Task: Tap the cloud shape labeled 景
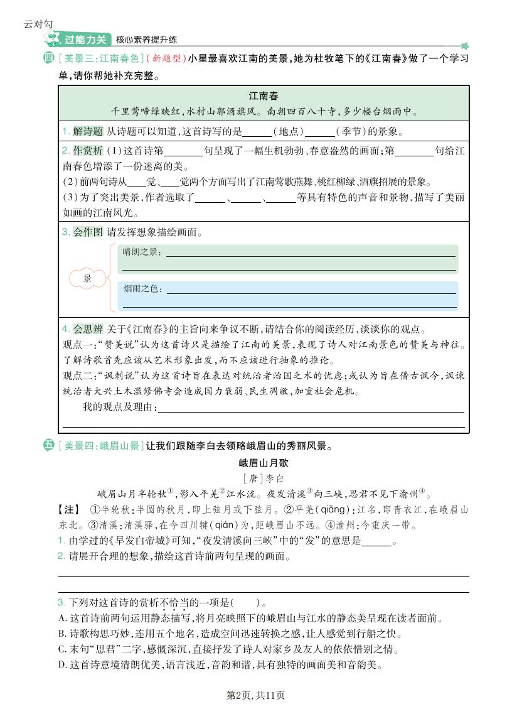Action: pos(87,278)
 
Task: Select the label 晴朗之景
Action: pos(142,252)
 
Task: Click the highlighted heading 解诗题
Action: pos(87,131)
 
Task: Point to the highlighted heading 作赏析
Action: pos(87,151)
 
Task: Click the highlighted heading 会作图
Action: pos(87,232)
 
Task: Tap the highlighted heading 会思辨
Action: pos(87,328)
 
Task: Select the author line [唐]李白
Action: pos(264,478)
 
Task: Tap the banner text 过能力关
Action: pos(86,40)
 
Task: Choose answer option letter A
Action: pos(62,618)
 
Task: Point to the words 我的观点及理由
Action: pos(119,408)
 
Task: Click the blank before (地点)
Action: pos(255,132)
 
